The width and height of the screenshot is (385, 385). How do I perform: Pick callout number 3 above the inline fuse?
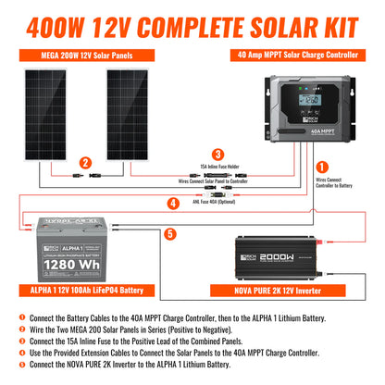[x=217, y=155]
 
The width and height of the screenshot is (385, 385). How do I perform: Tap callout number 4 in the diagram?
[x=172, y=203]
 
